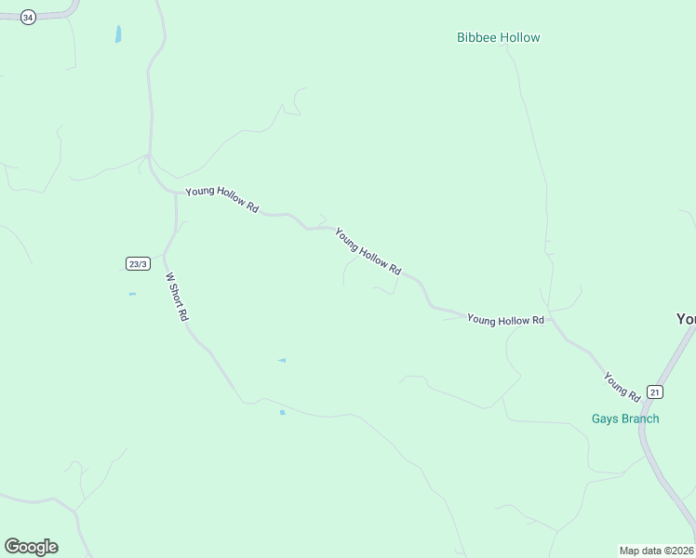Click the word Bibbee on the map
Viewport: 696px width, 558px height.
pos(477,38)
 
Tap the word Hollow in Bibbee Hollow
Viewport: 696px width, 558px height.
pos(520,38)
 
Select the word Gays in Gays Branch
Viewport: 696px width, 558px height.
pos(605,418)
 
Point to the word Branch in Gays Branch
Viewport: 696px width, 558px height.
pos(639,418)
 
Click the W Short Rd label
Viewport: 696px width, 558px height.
pos(177,297)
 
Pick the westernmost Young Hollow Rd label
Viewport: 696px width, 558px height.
pos(221,200)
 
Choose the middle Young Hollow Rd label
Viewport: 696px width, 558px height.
pos(368,251)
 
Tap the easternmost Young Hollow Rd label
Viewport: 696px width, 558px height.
pos(505,320)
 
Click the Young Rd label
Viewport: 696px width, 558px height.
pos(621,387)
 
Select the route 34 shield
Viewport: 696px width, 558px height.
pos(28,18)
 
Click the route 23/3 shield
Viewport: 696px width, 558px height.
pos(138,264)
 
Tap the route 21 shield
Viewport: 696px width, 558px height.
pos(656,392)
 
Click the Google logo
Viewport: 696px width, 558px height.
pos(31,547)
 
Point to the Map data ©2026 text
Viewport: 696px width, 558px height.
pos(657,550)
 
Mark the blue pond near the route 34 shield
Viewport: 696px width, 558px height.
pos(118,34)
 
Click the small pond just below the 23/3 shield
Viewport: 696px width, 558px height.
pos(132,294)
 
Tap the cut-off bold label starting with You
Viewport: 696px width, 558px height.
pos(686,319)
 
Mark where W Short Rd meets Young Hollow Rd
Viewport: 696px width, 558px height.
pos(176,193)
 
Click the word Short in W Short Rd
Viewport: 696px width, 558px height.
pos(176,296)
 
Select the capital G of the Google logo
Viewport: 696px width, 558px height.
pos(12,546)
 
